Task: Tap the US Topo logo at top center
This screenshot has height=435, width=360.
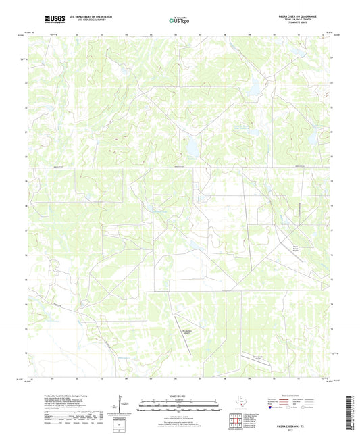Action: [179, 20]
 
